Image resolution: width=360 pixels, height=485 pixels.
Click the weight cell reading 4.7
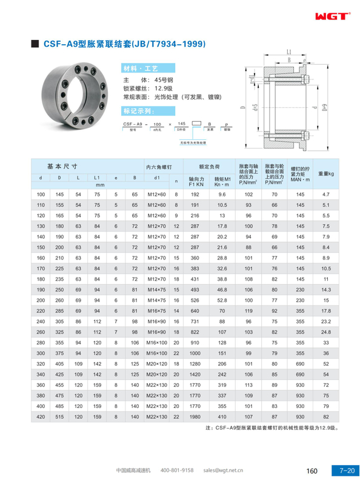[325, 194]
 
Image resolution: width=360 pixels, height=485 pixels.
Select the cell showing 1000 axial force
[195, 353]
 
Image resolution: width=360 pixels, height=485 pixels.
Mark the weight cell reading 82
[325, 417]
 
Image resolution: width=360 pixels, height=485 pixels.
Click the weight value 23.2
[325, 321]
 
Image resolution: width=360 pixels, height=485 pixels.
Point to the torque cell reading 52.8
[222, 300]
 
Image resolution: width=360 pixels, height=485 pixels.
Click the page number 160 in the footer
[313, 470]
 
